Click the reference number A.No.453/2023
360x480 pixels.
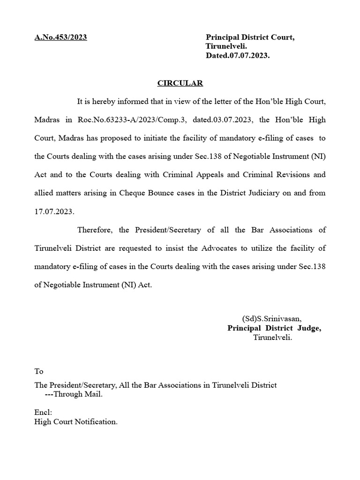[60, 37]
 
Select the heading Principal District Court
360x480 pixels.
[250, 37]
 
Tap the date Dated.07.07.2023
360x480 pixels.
[238, 55]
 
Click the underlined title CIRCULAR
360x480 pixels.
[180, 83]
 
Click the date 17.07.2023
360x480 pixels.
[54, 211]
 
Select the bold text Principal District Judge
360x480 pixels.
[274, 328]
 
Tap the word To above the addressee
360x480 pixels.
[38, 371]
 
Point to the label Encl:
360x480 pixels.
[43, 412]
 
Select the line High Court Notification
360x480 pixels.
[76, 422]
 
